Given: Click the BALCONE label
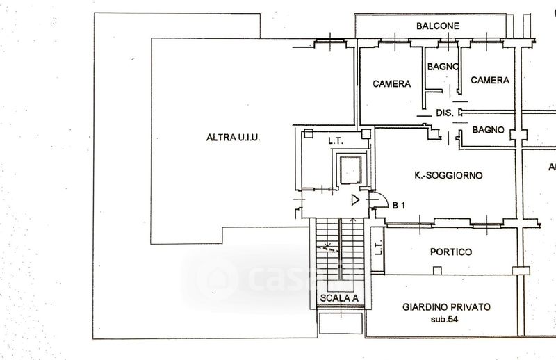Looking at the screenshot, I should (438, 26).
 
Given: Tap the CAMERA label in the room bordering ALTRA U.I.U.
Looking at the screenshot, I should (392, 84).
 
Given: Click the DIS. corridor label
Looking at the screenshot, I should (444, 113).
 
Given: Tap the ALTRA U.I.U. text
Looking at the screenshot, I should (233, 138).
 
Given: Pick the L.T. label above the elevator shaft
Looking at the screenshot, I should (336, 140).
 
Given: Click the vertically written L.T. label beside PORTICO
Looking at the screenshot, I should (377, 248).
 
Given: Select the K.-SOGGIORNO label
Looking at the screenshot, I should (448, 176).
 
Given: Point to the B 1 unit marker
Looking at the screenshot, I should (399, 205).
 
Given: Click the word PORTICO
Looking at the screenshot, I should (451, 252).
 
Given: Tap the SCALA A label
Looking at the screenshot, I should (339, 300).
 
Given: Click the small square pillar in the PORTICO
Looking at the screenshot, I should (436, 271).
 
